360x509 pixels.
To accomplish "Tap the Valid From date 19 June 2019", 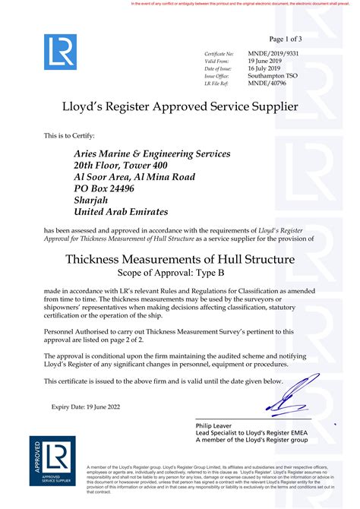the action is (265, 62).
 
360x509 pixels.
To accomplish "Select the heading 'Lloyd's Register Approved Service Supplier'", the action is (179, 107).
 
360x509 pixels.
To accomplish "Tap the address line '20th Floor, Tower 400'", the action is (121, 165).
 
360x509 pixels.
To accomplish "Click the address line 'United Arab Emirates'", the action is (121, 212).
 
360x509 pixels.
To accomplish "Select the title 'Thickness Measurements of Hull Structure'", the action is (179, 260).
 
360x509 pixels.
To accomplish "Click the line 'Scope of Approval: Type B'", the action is (179, 273).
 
